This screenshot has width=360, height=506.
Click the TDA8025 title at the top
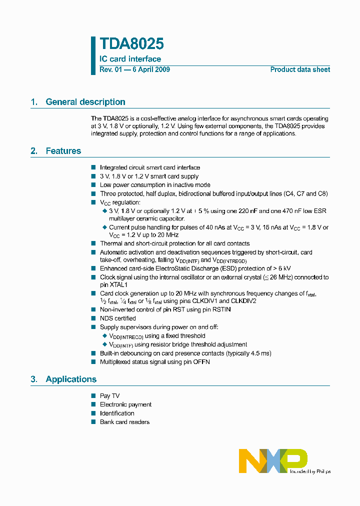point(131,44)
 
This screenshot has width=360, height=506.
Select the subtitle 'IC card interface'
point(130,59)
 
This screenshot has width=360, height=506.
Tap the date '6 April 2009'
point(150,69)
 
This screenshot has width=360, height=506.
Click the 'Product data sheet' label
point(300,69)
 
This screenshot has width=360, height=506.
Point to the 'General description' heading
point(85,102)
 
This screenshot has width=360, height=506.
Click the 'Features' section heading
point(63,151)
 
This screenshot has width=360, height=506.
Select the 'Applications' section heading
point(71,379)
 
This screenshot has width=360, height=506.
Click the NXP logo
point(273,460)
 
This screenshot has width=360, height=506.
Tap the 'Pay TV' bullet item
point(109,396)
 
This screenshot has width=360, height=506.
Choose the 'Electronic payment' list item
point(125,404)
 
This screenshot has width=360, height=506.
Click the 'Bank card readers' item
point(124,422)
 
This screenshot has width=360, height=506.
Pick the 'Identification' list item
point(117,413)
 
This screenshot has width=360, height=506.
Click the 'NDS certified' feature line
point(117,318)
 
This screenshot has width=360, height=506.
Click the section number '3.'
point(34,379)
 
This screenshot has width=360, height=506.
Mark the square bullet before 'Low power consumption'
point(93,185)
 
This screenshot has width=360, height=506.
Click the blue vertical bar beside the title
point(93,55)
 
